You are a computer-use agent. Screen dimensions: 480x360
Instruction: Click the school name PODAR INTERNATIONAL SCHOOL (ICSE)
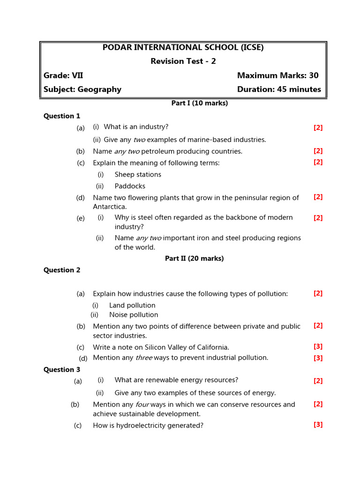(x=183, y=47)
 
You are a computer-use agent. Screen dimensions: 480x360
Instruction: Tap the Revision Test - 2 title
(x=183, y=61)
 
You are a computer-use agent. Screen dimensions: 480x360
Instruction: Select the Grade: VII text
(x=63, y=75)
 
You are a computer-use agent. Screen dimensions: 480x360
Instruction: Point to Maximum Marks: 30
(x=277, y=75)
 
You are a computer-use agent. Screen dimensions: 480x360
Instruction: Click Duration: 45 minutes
(x=279, y=89)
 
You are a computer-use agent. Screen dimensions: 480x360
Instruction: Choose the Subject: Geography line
(x=82, y=89)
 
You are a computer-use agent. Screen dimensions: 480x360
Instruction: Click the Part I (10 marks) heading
(x=199, y=103)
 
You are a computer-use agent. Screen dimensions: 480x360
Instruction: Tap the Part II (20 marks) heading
(x=194, y=258)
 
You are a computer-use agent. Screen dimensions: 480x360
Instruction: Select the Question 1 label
(x=62, y=116)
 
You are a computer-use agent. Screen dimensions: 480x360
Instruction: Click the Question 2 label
(x=62, y=270)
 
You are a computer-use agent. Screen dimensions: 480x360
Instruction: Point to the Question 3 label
(x=62, y=369)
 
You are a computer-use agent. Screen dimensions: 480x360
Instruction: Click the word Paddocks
(x=130, y=186)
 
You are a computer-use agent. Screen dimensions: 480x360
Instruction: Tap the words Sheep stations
(x=138, y=174)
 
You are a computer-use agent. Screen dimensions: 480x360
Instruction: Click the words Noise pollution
(x=134, y=315)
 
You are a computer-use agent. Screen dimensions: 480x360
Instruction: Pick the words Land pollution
(x=132, y=305)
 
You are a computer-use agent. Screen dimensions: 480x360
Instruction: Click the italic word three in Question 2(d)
(x=144, y=358)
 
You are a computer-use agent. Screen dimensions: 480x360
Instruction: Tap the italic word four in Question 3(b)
(x=142, y=404)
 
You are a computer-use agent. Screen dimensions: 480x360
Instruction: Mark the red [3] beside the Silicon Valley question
(x=318, y=346)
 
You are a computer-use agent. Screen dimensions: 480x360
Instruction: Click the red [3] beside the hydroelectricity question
(x=318, y=425)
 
